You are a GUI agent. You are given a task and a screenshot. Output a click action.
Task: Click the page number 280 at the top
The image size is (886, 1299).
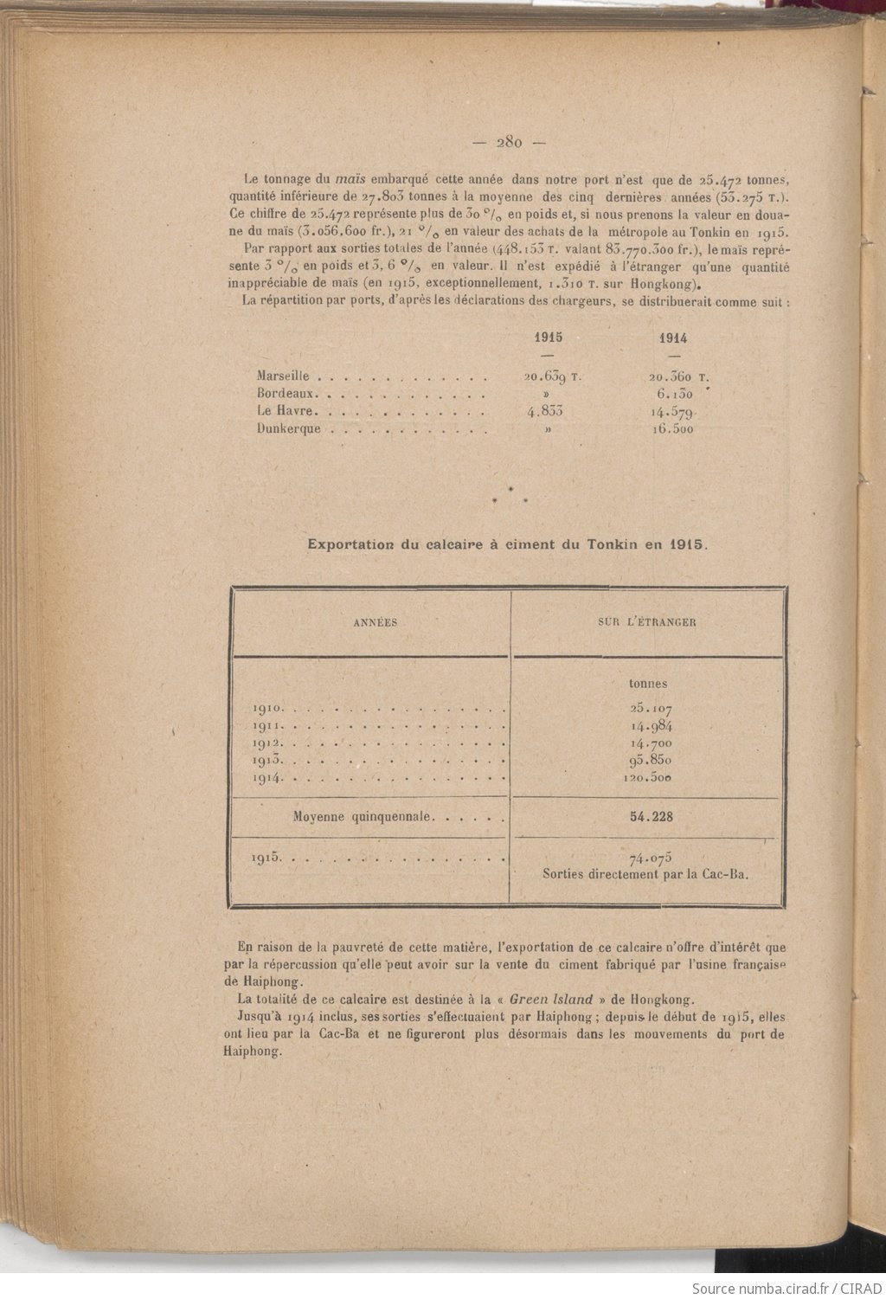(x=508, y=144)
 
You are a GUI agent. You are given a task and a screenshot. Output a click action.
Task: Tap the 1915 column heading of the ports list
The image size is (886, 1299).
(x=548, y=338)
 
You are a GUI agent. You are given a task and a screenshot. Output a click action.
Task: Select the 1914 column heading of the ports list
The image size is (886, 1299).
(x=673, y=338)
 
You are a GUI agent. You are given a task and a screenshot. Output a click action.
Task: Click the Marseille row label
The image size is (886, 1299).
(x=284, y=376)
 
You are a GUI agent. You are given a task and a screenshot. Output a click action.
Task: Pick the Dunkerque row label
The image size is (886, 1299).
(x=289, y=428)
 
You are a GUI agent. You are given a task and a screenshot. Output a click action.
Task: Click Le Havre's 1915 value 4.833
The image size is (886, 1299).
(x=544, y=411)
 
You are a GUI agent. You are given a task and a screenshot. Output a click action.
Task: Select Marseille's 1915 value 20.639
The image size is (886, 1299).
(x=549, y=377)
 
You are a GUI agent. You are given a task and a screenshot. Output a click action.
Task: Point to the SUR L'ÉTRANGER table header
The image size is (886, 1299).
(x=648, y=621)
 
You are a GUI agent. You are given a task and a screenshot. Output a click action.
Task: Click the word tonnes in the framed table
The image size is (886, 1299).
(x=648, y=684)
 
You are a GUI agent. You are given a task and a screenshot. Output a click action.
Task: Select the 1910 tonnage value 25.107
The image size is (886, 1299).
(x=651, y=709)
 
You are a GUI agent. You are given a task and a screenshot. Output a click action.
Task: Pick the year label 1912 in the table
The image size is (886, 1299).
(x=264, y=743)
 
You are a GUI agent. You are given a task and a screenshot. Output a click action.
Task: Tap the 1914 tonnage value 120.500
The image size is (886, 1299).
(x=648, y=777)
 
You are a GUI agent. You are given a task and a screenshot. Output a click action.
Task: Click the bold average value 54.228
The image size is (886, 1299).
(x=652, y=816)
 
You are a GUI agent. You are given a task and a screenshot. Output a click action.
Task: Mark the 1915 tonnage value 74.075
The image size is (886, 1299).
(x=650, y=858)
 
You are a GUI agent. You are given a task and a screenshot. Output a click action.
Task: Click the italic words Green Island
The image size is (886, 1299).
(x=550, y=998)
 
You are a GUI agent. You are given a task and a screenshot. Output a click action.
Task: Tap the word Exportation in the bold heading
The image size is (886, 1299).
(x=350, y=545)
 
